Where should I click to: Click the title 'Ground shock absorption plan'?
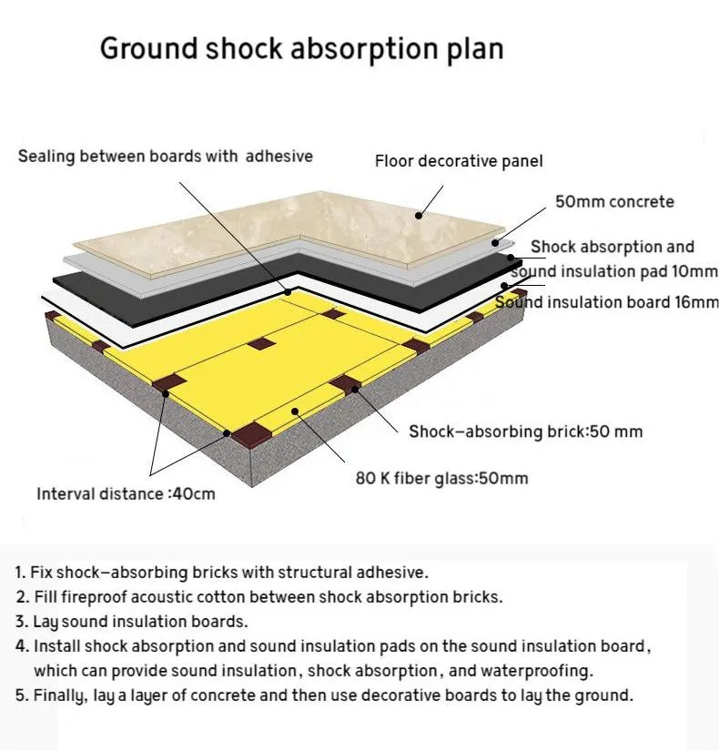tap(301, 48)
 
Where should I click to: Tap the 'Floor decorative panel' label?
tap(459, 162)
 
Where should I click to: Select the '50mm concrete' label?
tap(614, 201)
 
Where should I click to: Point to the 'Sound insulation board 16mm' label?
tap(607, 302)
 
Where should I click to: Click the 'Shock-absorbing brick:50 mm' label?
tap(525, 431)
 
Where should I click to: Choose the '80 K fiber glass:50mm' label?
tap(441, 478)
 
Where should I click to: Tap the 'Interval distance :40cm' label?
tap(126, 494)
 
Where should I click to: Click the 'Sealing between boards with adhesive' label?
tap(166, 157)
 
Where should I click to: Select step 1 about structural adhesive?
tap(221, 573)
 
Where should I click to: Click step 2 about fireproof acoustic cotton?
tap(258, 597)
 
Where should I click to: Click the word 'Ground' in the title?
tap(148, 48)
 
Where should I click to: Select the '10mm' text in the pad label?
tap(693, 271)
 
